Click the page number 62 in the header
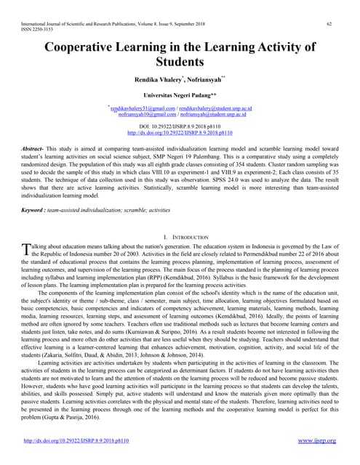[329, 24]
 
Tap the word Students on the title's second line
[180, 63]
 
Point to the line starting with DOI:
[180, 126]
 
